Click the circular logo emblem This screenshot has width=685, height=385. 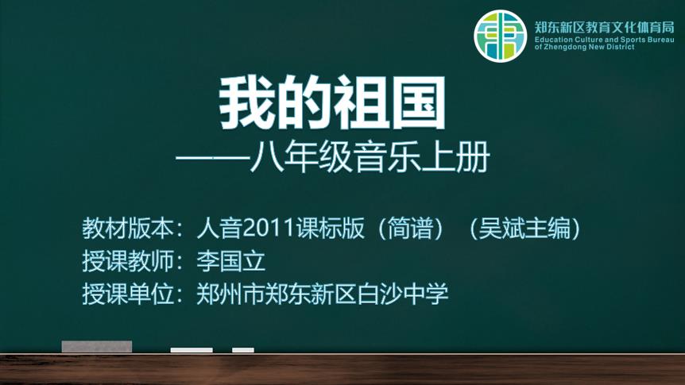click(x=500, y=37)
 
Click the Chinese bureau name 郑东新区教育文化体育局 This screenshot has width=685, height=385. click(x=605, y=28)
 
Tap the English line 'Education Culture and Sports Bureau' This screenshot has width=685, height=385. click(x=605, y=40)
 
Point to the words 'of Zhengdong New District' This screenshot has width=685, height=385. click(x=585, y=47)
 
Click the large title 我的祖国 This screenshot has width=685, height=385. click(x=332, y=102)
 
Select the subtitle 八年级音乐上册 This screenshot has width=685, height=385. click(x=370, y=157)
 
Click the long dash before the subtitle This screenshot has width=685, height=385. click(x=212, y=158)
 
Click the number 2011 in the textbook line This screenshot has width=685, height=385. click(x=269, y=229)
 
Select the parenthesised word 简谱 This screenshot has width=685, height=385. click(x=410, y=229)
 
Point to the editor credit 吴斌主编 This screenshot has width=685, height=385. click(x=524, y=229)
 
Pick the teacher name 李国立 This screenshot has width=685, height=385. click(x=230, y=261)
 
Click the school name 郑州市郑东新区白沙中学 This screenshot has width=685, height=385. click(x=323, y=294)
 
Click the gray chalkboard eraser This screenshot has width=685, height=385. click(x=97, y=347)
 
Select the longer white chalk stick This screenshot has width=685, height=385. click(x=192, y=350)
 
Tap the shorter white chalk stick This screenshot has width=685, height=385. click(x=243, y=350)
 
